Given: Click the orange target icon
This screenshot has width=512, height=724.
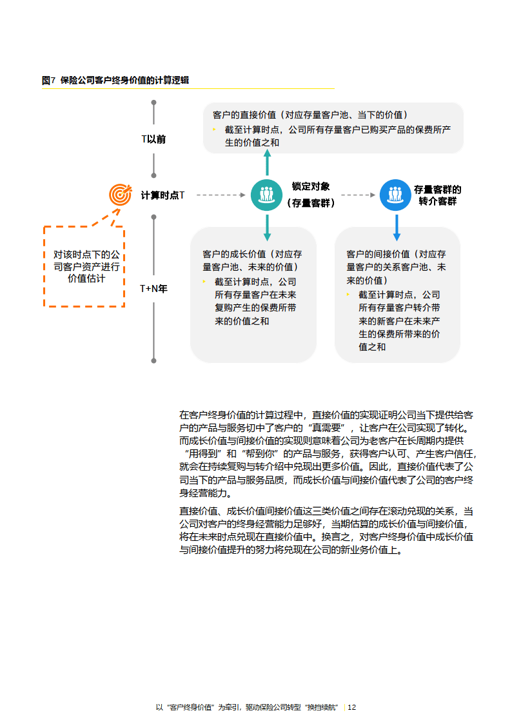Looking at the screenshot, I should click(x=119, y=193).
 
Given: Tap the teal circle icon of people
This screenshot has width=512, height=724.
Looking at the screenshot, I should click(x=266, y=194).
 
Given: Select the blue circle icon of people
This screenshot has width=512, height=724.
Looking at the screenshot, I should click(x=395, y=194).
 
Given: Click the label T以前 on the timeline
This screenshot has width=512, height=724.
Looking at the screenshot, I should click(x=153, y=139).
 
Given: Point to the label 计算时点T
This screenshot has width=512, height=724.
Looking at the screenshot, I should click(x=162, y=194).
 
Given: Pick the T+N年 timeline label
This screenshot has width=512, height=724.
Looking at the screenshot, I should click(x=153, y=289).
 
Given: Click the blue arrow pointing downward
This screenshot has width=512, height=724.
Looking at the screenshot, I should click(x=396, y=226).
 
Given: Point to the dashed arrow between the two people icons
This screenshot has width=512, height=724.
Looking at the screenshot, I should click(x=359, y=194).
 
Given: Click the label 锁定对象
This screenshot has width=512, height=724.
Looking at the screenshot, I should click(x=311, y=186).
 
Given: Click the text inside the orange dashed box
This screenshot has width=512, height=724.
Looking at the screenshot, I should click(x=86, y=266).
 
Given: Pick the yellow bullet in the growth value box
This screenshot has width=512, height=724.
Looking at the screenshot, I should click(x=204, y=282).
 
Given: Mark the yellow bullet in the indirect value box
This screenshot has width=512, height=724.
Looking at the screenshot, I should click(x=348, y=295).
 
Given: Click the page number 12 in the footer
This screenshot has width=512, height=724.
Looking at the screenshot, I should click(x=352, y=707).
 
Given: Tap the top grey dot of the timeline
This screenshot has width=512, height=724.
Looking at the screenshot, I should click(x=153, y=103).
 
